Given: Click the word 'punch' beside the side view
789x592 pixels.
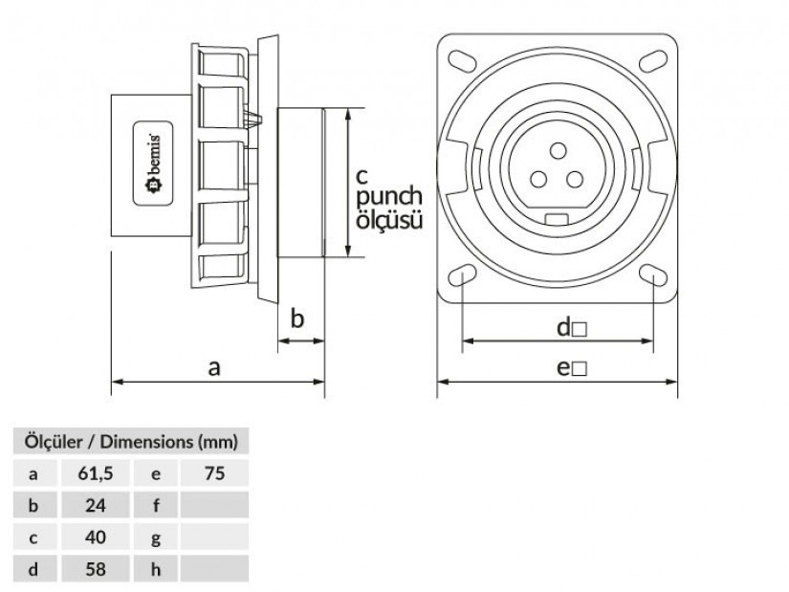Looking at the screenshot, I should point(388,197).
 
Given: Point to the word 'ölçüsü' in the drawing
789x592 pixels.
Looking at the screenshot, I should point(389,220).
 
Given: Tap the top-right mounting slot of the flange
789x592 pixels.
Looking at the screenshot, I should point(653,59).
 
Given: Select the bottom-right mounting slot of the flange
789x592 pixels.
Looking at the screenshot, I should point(653,278).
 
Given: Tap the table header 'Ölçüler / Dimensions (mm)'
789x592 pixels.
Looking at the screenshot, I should point(130,441).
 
